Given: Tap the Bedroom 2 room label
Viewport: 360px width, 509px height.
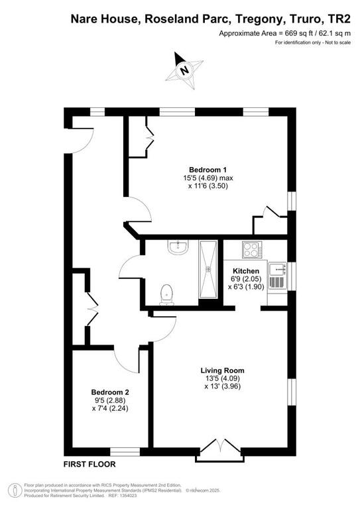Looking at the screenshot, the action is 110,392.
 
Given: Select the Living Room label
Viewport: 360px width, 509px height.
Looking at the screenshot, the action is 222,370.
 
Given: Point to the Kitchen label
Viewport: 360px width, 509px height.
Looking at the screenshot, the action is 246,270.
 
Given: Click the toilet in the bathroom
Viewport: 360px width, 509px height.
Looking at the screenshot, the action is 166,295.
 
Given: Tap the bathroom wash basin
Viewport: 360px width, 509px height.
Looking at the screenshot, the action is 178,247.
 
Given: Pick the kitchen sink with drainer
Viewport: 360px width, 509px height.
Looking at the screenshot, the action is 277,276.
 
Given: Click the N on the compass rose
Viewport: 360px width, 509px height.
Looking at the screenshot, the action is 184,70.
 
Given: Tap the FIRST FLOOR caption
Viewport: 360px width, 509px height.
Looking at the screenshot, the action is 90,464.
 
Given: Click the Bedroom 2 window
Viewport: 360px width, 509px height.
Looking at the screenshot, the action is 125,451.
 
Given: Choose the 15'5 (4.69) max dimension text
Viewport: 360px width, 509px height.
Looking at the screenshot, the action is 208,178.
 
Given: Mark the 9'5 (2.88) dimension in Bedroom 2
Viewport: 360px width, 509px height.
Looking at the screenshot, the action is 110,400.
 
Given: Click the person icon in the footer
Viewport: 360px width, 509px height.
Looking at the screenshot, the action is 15,490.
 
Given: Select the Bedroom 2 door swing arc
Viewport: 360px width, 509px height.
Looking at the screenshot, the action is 125,363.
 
